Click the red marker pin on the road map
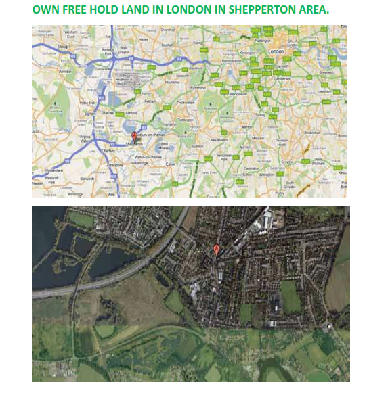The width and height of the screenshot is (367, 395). point(133,136)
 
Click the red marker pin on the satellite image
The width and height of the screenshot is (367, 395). point(217,250)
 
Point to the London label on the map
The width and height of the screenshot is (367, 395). point(275,51)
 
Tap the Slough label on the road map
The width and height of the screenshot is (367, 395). point(64,47)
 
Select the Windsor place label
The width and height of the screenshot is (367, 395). point(66,70)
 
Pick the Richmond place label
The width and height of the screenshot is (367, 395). point(198,88)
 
